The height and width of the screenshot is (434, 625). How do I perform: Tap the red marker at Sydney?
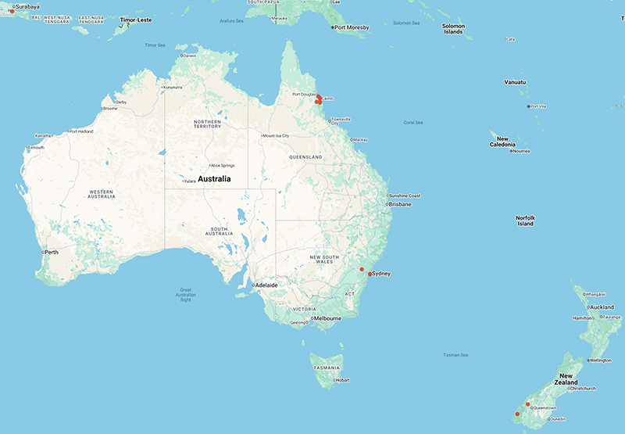pos(370,274)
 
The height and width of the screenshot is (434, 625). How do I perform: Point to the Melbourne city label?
pos(327,318)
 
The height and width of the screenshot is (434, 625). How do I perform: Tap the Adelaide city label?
pos(266,285)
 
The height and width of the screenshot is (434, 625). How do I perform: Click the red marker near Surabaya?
pos(12,11)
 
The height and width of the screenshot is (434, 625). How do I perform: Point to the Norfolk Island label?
pos(525,221)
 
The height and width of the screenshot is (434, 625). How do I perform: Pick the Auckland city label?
pos(602,307)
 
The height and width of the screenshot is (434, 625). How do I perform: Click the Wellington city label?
pos(599,360)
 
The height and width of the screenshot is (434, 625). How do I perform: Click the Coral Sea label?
pos(413,123)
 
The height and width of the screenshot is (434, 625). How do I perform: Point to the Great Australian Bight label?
pos(185,295)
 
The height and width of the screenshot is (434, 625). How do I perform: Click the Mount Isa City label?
pos(277,135)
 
